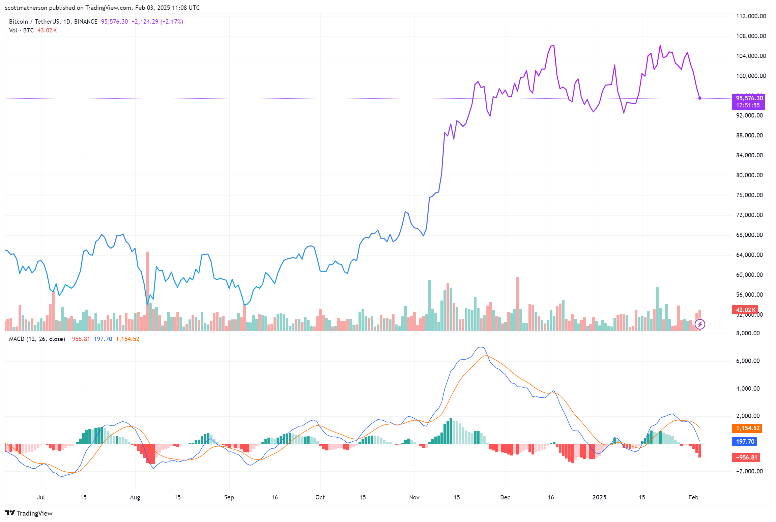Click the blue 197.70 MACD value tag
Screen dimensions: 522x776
click(745, 441)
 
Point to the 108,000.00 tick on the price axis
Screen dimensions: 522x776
click(751, 36)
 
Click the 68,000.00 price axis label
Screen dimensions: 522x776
click(749, 235)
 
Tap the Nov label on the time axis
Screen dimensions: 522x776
click(414, 497)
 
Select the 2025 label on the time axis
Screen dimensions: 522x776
click(599, 497)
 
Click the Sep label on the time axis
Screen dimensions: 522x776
click(229, 497)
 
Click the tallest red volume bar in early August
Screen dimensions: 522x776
click(147, 290)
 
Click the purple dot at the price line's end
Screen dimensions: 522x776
click(700, 98)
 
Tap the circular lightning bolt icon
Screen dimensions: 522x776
click(700, 324)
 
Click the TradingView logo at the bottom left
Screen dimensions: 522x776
click(29, 513)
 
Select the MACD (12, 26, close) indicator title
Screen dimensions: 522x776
click(37, 339)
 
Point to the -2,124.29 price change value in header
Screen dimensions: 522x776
click(145, 22)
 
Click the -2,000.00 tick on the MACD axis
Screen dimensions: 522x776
click(749, 471)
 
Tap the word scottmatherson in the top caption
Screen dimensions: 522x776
click(26, 7)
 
